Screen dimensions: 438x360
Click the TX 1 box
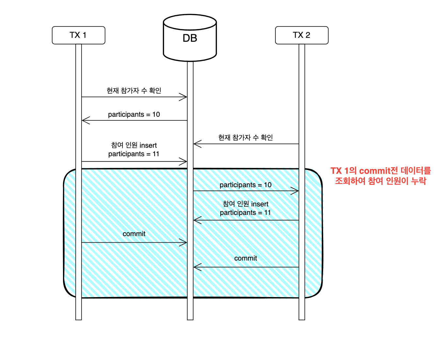(x=78, y=35)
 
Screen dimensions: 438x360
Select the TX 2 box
(x=302, y=35)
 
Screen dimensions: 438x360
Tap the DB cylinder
(x=190, y=38)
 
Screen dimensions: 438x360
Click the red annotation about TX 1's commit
(x=381, y=176)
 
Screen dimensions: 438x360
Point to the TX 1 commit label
(x=134, y=234)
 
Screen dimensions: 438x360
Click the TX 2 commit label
(x=245, y=258)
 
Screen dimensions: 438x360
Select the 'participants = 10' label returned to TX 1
(x=134, y=114)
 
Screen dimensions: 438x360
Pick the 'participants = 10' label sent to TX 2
(x=245, y=185)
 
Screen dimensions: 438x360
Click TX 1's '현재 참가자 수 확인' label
(x=134, y=91)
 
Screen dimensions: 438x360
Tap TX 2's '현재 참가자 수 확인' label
(x=245, y=138)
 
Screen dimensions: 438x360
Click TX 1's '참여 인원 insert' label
(x=134, y=145)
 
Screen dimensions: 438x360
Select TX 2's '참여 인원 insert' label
(x=245, y=204)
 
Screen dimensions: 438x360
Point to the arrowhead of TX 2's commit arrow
(x=196, y=267)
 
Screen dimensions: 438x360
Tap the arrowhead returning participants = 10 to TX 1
(x=85, y=121)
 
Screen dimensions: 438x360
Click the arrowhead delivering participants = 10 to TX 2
(x=296, y=191)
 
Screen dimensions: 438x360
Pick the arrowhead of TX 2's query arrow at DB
(x=196, y=144)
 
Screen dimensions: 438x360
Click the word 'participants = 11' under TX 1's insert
(x=134, y=154)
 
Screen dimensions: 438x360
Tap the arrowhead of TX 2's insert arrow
(x=196, y=220)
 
